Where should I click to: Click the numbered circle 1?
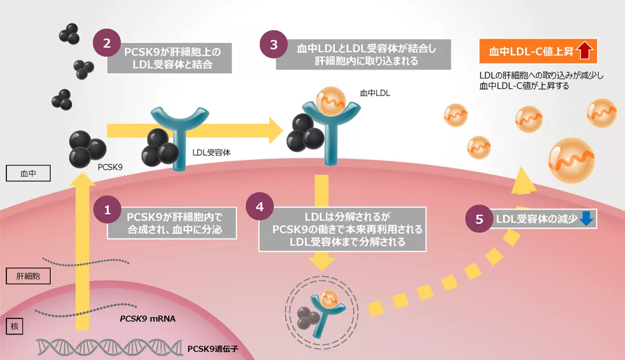click(x=107, y=211)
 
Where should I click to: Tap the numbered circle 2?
click(x=107, y=43)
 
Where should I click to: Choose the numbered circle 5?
click(x=479, y=219)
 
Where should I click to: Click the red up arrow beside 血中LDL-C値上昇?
click(x=586, y=52)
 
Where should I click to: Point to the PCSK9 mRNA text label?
click(x=147, y=319)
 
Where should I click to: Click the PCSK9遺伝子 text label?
click(x=213, y=348)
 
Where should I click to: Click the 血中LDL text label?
click(x=376, y=92)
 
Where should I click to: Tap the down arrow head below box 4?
click(x=321, y=263)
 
